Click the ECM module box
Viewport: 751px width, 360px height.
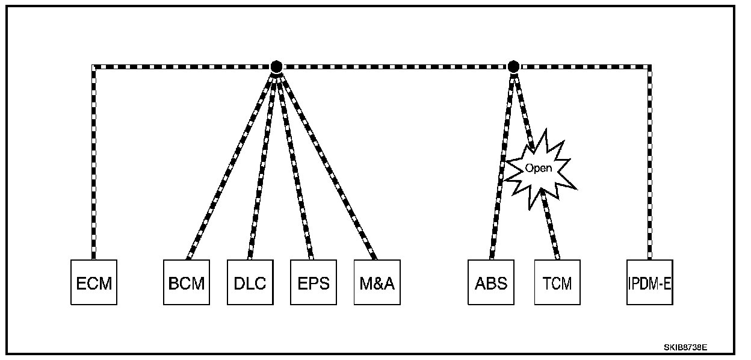94,282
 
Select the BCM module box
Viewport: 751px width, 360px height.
187,282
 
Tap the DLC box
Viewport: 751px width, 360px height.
250,282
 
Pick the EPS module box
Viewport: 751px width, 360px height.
314,282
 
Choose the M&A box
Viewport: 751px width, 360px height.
377,282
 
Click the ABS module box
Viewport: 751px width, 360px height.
491,282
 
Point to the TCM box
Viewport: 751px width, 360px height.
557,282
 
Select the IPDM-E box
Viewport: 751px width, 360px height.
649,282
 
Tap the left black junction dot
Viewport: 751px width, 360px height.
276,66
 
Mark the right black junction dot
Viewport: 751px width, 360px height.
513,66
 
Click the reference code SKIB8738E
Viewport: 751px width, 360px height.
685,347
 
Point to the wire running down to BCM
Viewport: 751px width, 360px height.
232,163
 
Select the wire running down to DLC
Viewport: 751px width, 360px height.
263,163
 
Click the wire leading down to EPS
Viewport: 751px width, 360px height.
295,163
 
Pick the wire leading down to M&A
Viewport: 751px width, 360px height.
327,163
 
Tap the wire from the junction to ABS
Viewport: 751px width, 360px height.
502,163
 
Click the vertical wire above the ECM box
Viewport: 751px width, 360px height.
94,163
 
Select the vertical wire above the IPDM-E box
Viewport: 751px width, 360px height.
649,163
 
